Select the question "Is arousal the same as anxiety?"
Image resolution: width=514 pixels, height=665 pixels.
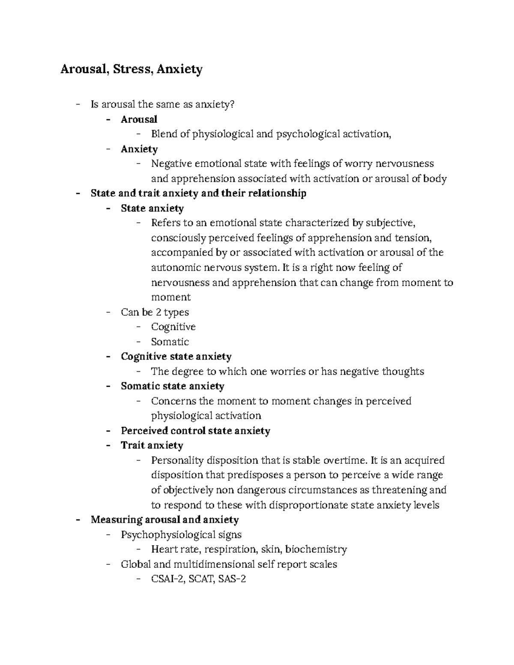(163, 104)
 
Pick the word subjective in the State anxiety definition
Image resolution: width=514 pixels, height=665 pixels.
(388, 223)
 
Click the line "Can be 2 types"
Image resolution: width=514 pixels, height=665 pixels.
(155, 312)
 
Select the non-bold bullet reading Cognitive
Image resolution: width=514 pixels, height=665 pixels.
(173, 327)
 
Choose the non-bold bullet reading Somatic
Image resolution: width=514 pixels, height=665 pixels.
(170, 342)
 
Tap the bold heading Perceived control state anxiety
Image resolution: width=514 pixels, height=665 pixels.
(195, 431)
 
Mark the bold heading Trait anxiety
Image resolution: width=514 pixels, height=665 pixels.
(152, 446)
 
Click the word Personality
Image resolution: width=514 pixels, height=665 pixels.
(177, 461)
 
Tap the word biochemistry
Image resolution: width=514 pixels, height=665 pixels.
(316, 549)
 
